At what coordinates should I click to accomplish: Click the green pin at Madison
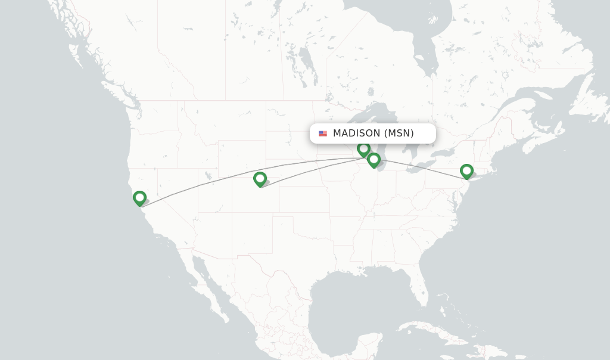pyautogui.click(x=363, y=148)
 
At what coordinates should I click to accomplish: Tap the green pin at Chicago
pyautogui.click(x=374, y=160)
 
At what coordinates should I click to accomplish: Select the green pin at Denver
pyautogui.click(x=260, y=178)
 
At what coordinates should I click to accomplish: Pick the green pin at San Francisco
pyautogui.click(x=139, y=197)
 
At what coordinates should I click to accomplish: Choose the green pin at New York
pyautogui.click(x=466, y=171)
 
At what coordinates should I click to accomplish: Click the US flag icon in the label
pyautogui.click(x=323, y=134)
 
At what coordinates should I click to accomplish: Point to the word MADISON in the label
pyautogui.click(x=356, y=134)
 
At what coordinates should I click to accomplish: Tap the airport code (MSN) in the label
pyautogui.click(x=399, y=134)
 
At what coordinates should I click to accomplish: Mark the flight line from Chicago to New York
pyautogui.click(x=423, y=169)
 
